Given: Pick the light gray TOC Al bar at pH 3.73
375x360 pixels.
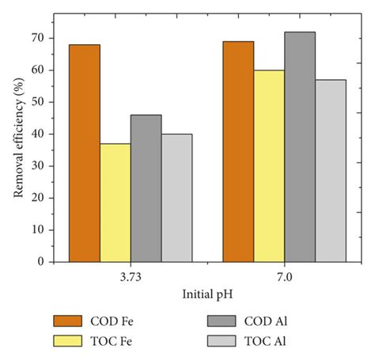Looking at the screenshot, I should click(x=176, y=197).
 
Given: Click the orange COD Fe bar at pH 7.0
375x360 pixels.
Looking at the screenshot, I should click(x=238, y=151).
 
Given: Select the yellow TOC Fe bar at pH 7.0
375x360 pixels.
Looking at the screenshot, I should click(x=269, y=165).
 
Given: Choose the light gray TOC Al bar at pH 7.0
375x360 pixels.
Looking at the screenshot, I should click(x=331, y=170).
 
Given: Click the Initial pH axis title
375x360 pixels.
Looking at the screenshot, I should click(x=207, y=294).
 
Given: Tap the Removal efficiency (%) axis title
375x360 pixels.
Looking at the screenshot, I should click(x=17, y=150).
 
